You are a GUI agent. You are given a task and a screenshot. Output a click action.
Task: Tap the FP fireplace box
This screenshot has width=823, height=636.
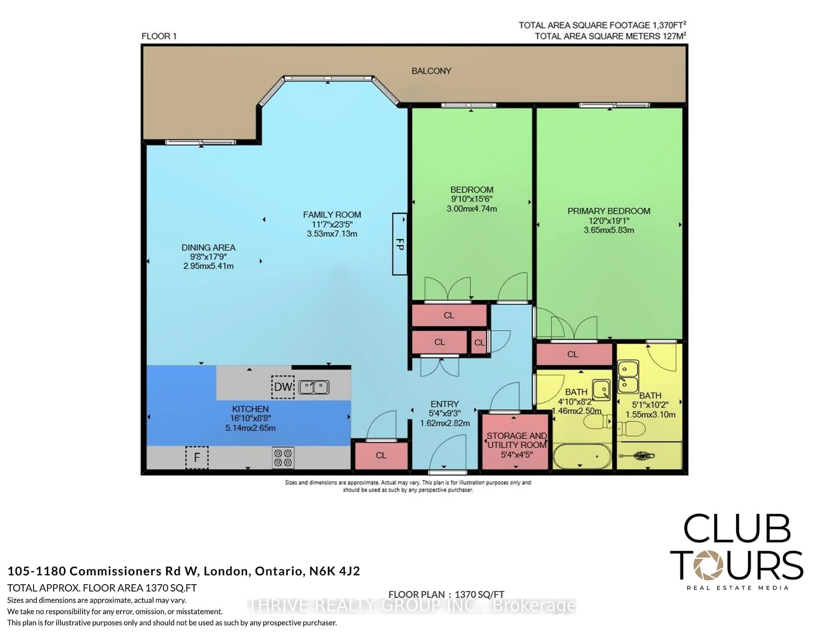[399, 244]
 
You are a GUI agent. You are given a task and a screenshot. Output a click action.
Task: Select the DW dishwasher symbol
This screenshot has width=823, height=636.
[283, 387]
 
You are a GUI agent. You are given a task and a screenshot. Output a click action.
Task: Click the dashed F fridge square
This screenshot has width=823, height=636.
[197, 457]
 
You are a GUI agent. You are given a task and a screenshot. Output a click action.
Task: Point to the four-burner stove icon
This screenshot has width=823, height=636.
[283, 458]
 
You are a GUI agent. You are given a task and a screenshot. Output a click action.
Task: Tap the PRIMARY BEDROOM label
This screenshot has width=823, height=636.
[609, 211]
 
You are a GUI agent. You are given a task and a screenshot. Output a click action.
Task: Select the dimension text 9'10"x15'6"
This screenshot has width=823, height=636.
[472, 199]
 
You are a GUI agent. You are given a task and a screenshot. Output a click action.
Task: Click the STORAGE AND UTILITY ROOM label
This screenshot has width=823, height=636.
[516, 440]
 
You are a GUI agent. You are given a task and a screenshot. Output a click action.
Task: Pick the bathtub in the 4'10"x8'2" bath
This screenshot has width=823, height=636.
[579, 456]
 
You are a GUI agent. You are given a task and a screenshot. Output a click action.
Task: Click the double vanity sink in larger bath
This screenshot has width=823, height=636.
[628, 377]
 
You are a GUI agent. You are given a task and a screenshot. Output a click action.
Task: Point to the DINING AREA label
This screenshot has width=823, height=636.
[208, 247]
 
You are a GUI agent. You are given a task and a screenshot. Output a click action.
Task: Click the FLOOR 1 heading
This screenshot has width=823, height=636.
[159, 36]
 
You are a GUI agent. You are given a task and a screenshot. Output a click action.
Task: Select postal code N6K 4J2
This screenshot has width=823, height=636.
[335, 571]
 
